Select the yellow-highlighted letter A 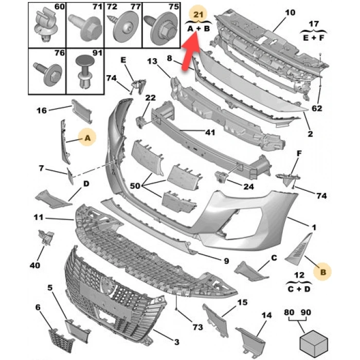87,137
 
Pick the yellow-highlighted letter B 323,272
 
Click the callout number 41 209,132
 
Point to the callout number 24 248,187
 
